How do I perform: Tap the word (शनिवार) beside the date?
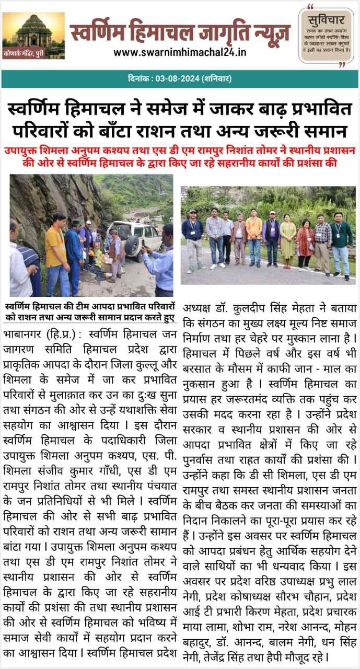coord(215,79)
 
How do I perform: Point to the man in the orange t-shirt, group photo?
coord(254,235)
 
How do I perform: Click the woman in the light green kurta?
coord(287,238)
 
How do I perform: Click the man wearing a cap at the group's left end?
coord(192,238)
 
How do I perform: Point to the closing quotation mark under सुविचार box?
coord(343,65)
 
